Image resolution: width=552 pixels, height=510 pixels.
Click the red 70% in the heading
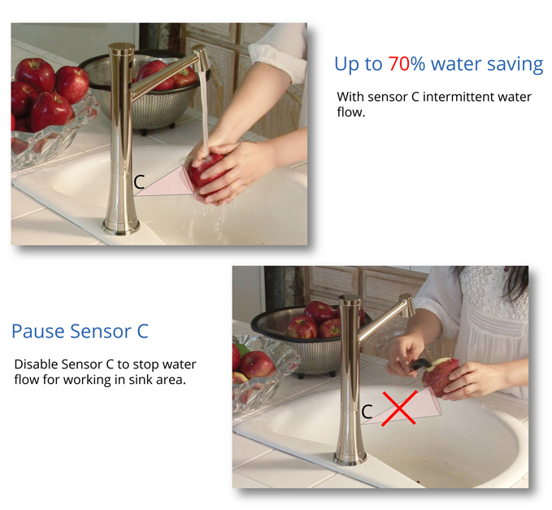pyautogui.click(x=406, y=64)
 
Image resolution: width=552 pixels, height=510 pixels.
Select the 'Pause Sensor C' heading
pyautogui.click(x=80, y=331)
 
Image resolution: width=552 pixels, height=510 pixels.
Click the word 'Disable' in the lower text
pyautogui.click(x=36, y=364)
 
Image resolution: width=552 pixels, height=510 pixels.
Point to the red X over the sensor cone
pyautogui.click(x=399, y=408)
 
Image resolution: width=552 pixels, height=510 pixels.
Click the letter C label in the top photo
pyautogui.click(x=139, y=182)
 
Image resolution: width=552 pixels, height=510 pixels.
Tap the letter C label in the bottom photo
pyautogui.click(x=367, y=412)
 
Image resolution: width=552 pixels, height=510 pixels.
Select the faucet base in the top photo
pyautogui.click(x=121, y=226)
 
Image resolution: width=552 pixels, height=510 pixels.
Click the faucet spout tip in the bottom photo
pyautogui.click(x=408, y=306)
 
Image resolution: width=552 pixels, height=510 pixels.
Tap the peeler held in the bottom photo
pyautogui.click(x=422, y=364)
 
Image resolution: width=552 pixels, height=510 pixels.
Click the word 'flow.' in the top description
pyautogui.click(x=351, y=112)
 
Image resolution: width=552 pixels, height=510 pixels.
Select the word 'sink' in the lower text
pyautogui.click(x=139, y=380)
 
